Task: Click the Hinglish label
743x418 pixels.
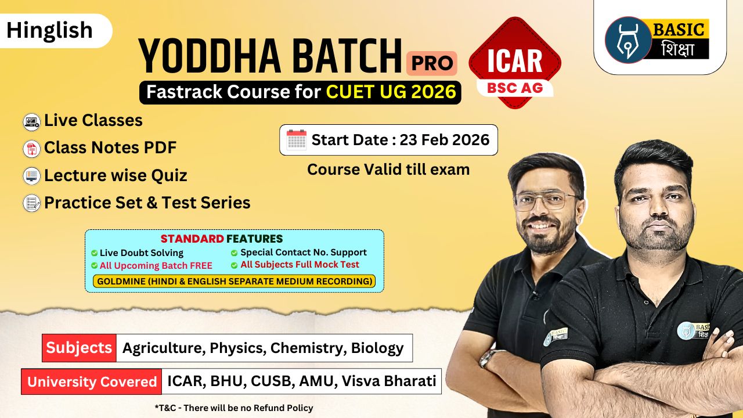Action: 50,30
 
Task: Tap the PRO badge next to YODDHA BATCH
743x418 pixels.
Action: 431,63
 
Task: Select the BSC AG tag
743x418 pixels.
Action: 514,87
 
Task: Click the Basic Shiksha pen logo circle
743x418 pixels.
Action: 628,39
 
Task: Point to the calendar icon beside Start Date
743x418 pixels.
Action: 297,140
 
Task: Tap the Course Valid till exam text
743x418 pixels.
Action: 388,170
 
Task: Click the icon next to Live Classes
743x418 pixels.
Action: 31,122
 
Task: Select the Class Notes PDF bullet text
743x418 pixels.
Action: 110,148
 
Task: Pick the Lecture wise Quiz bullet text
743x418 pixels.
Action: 116,175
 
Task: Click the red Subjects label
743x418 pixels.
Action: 79,348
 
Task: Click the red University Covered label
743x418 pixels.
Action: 92,381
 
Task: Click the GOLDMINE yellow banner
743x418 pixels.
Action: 234,282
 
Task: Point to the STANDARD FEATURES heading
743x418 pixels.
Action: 222,239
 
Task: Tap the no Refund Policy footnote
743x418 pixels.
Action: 234,408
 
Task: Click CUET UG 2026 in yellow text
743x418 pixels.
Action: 391,92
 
